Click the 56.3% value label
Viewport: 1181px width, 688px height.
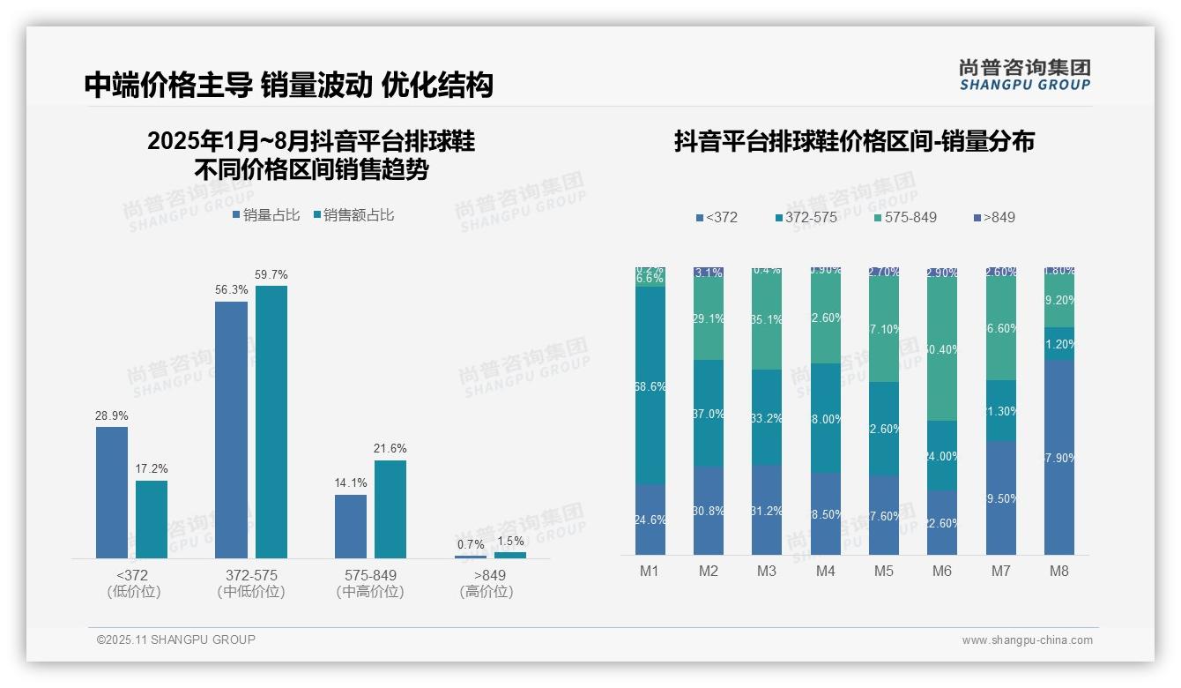(x=231, y=290)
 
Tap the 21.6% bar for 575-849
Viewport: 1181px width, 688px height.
(x=390, y=509)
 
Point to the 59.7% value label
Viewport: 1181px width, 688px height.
(x=271, y=274)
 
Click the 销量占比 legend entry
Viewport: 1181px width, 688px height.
(x=266, y=214)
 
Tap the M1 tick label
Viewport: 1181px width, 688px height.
(x=650, y=571)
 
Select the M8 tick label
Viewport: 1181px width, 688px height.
(x=1059, y=571)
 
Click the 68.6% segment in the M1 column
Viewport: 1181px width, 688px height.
(x=650, y=385)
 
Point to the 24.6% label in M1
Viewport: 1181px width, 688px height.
(x=650, y=520)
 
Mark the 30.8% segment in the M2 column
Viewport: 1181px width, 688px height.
(x=709, y=511)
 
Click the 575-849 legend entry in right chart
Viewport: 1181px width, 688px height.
(x=905, y=217)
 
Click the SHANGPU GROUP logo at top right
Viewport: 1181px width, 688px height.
(x=1024, y=74)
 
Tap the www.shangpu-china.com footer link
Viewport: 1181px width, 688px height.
(x=1027, y=640)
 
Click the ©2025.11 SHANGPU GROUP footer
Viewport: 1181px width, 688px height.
(x=176, y=639)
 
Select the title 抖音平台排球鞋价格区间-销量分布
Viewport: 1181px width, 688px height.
(x=854, y=141)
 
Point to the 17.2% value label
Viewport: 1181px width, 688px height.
(x=152, y=469)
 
